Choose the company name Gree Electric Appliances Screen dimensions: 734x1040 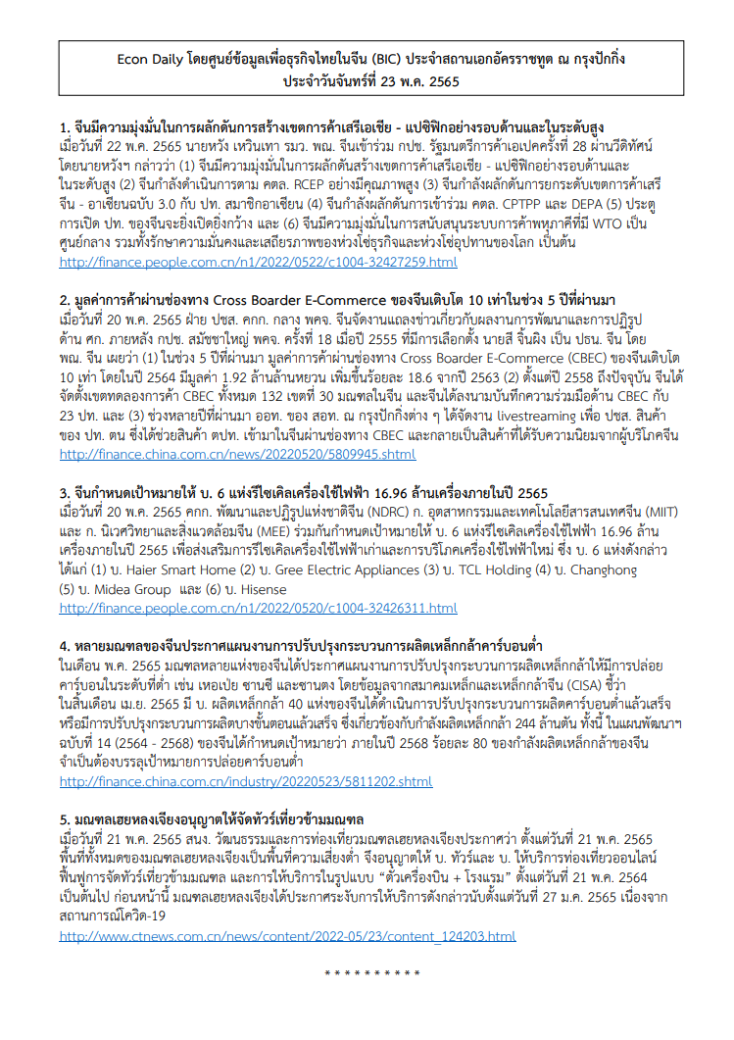337,570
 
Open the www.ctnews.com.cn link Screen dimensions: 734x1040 287,936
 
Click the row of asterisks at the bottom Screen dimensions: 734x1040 371,973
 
